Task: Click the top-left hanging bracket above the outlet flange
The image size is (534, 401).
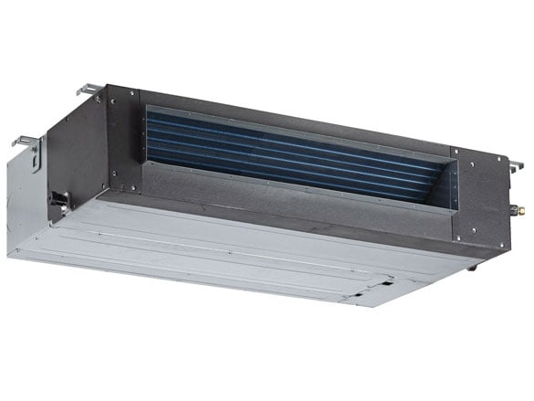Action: (89, 90)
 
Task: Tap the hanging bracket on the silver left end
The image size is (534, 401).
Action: (25, 142)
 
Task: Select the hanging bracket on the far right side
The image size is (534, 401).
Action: (516, 166)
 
